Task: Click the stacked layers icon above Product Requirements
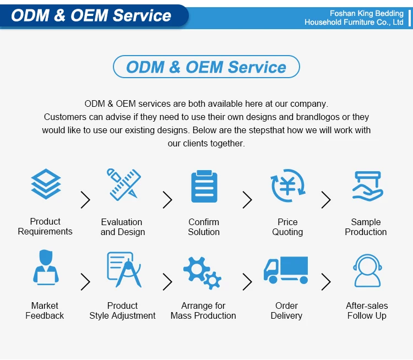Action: point(46,184)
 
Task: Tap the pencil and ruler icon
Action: point(124,184)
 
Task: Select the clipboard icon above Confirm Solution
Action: point(204,186)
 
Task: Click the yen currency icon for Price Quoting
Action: point(287,186)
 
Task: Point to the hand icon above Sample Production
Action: point(367,186)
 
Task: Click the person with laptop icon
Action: point(46,268)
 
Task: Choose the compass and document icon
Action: point(124,269)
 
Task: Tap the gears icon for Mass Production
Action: point(202,273)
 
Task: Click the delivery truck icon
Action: point(286,270)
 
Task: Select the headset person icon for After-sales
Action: point(367,270)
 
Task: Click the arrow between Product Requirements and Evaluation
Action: point(85,200)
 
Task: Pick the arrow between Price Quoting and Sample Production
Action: point(326,200)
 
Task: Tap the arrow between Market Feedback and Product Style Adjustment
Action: point(85,282)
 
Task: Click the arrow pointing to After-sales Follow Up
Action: point(326,282)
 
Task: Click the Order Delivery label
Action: point(286,310)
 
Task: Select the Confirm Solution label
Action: point(204,227)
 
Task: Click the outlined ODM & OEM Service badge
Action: point(206,67)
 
